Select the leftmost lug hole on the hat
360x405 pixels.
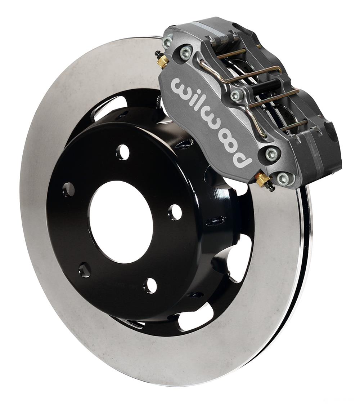click(x=68, y=189)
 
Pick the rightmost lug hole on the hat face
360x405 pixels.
click(x=175, y=212)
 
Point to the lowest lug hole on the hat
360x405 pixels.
click(x=150, y=285)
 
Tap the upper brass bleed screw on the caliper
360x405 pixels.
click(x=164, y=61)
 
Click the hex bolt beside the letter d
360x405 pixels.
click(x=271, y=153)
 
